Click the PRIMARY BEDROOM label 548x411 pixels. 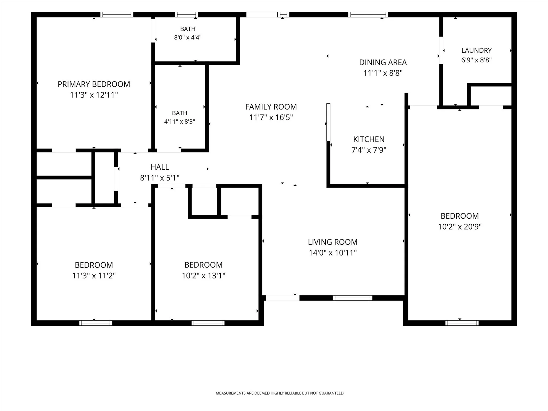pos(94,84)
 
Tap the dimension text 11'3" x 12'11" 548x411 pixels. pos(94,95)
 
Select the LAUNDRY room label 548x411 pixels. pos(477,51)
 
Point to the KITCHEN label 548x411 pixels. pos(369,139)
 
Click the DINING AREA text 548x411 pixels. pos(383,63)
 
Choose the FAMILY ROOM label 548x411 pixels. pos(271,107)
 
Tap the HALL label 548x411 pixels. pos(160,167)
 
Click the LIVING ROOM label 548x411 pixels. pos(333,242)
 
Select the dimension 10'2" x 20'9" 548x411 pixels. pos(460,227)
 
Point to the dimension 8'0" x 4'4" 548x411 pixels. pos(188,37)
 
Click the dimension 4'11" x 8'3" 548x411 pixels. pos(180,122)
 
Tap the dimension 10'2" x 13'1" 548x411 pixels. pos(203,276)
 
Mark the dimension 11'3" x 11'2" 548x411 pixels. pos(94,276)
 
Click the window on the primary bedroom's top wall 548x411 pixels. pos(117,15)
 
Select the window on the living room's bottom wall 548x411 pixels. pos(352,298)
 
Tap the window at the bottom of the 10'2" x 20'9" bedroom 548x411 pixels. pos(462,323)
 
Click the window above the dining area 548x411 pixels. pos(368,15)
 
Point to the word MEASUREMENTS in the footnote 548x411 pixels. pos(231,393)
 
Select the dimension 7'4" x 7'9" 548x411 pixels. pos(369,150)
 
